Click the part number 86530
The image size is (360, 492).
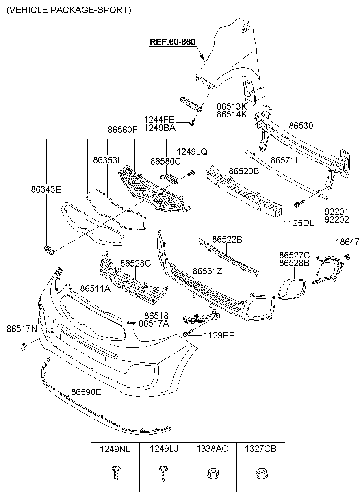(x=301, y=126)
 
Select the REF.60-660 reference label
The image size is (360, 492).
(x=173, y=42)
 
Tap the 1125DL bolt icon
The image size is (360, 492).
(x=297, y=204)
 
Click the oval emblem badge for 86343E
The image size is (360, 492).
(x=48, y=250)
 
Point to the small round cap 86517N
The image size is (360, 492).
(x=23, y=347)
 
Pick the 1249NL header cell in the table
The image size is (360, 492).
(x=115, y=449)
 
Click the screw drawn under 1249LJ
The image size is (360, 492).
(x=163, y=473)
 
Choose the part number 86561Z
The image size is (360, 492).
(x=207, y=271)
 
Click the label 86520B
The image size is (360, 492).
(x=244, y=171)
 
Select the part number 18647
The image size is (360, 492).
(x=347, y=242)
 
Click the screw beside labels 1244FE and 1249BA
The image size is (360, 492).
(x=193, y=121)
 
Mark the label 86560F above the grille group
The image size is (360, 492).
(x=123, y=130)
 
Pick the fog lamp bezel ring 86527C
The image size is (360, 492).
(x=291, y=289)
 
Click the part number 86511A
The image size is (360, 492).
(x=95, y=288)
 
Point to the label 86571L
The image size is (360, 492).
(x=285, y=160)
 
